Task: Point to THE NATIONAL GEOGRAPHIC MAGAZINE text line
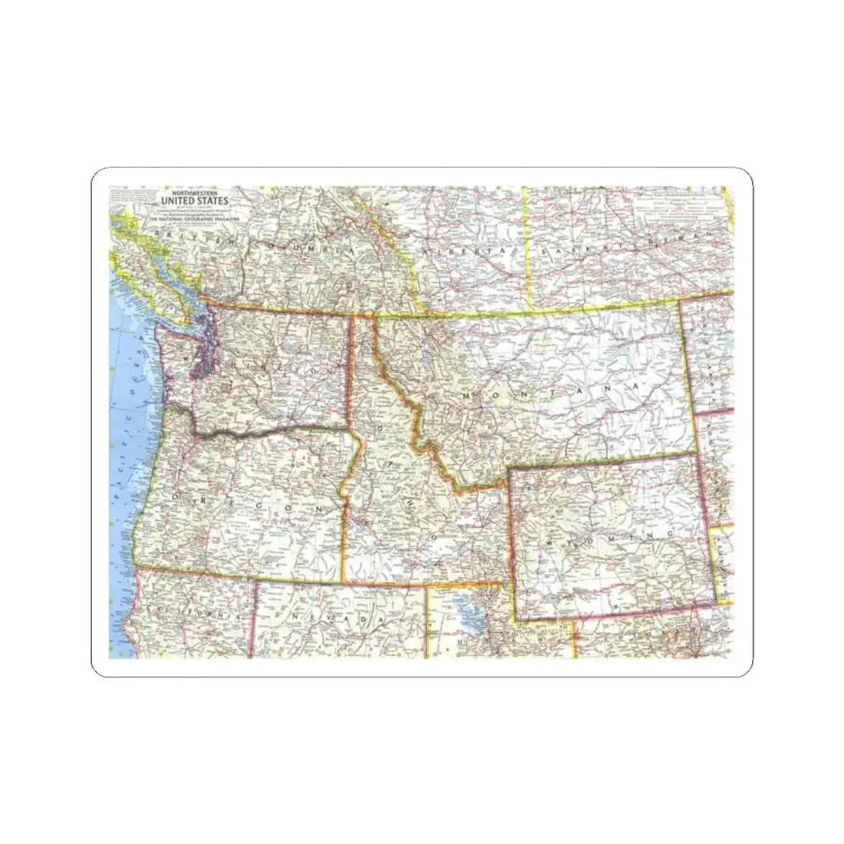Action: click(195, 219)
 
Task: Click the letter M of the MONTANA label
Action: click(467, 393)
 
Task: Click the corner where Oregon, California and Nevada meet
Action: click(254, 580)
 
